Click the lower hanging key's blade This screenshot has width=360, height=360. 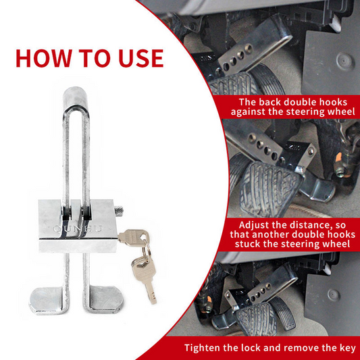coord(151,292)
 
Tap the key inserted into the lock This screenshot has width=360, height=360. coord(133,236)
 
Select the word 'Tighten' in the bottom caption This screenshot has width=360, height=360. coord(202,348)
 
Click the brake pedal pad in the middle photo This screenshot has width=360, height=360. coord(269,188)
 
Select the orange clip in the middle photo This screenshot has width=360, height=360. coord(339,159)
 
